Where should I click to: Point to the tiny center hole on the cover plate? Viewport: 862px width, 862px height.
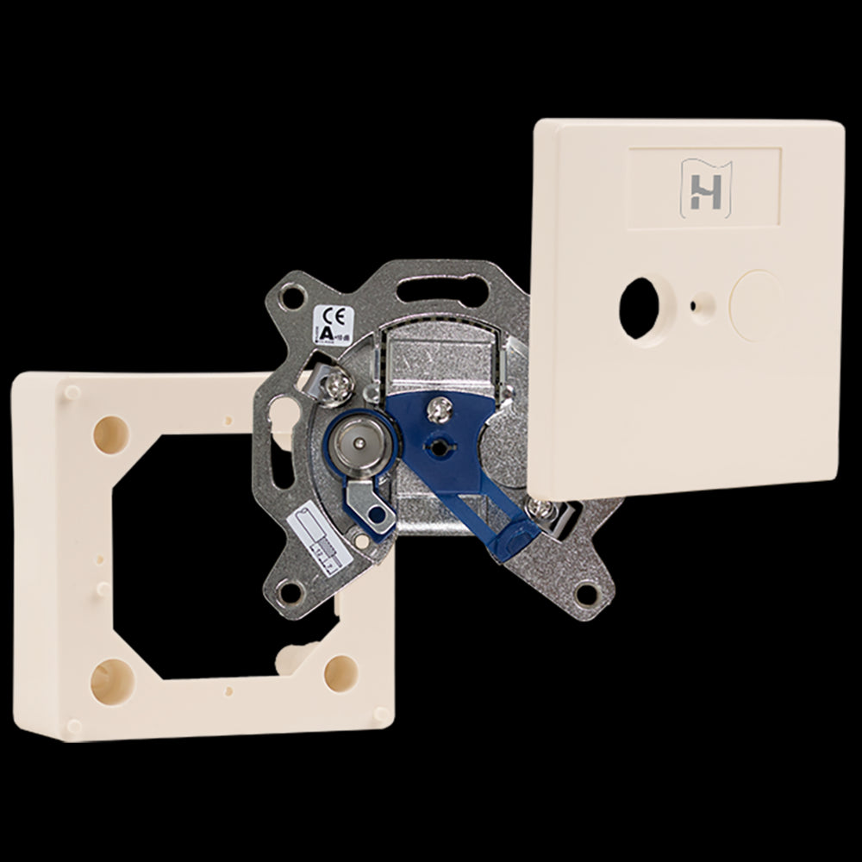point(695,304)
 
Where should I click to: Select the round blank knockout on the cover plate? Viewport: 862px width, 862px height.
point(756,305)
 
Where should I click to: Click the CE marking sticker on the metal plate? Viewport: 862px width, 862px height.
point(333,324)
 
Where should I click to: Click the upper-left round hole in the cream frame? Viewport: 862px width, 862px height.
point(111,429)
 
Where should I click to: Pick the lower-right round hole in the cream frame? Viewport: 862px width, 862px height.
point(340,671)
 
